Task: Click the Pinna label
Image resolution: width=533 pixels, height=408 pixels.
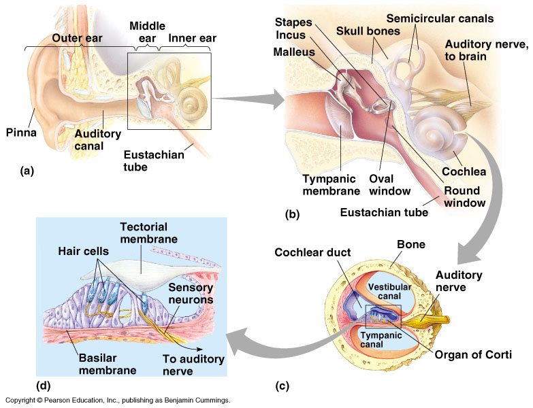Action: pyautogui.click(x=21, y=132)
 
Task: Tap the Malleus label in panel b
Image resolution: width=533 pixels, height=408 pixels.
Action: pyautogui.click(x=294, y=52)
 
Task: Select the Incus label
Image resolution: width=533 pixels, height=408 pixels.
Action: pyautogui.click(x=291, y=35)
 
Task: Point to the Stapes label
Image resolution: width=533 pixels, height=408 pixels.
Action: pyautogui.click(x=293, y=22)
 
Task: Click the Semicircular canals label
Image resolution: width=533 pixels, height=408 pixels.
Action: pyautogui.click(x=440, y=18)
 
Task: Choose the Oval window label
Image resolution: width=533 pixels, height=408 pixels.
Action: pyautogui.click(x=389, y=185)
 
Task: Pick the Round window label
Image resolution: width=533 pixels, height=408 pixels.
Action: pyautogui.click(x=465, y=197)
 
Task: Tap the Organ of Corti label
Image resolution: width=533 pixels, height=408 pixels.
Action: pyautogui.click(x=473, y=355)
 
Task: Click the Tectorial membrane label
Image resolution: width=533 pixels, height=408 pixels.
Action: pyautogui.click(x=148, y=233)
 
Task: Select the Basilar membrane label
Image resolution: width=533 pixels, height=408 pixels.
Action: pyautogui.click(x=108, y=364)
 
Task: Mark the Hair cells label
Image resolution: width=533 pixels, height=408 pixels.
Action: pyautogui.click(x=83, y=251)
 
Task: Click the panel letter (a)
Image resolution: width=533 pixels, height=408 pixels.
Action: pyautogui.click(x=27, y=171)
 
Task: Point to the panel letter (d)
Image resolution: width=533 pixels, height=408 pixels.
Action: pyautogui.click(x=43, y=386)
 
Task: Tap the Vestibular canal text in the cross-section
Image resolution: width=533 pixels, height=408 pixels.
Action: pyautogui.click(x=389, y=292)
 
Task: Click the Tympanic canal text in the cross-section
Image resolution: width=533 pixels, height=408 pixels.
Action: pyautogui.click(x=381, y=340)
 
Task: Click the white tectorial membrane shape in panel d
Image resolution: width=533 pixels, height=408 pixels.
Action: pyautogui.click(x=146, y=275)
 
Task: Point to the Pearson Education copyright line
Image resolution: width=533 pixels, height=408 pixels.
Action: pyautogui.click(x=118, y=401)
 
